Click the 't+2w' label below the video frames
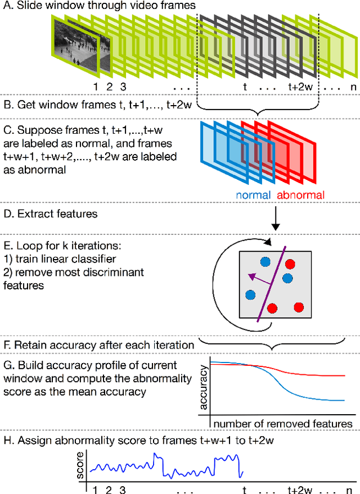pyautogui.click(x=300, y=87)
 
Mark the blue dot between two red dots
pyautogui.click(x=287, y=278)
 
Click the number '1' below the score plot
pyautogui.click(x=95, y=490)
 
